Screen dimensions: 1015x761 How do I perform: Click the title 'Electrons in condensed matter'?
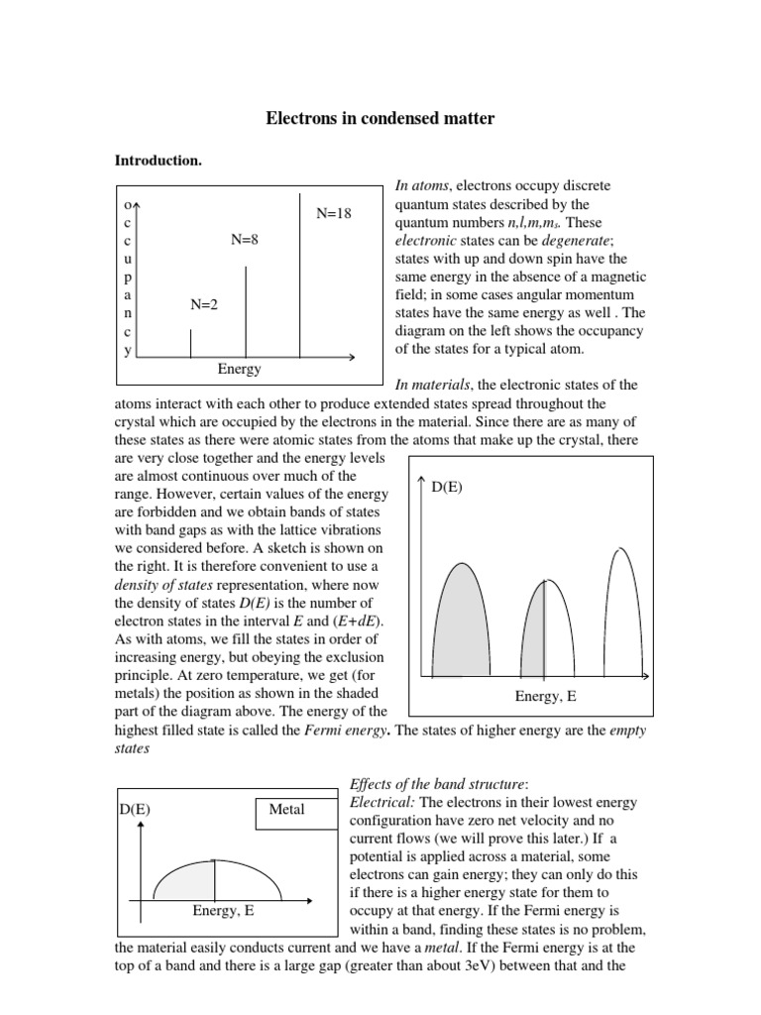(x=380, y=119)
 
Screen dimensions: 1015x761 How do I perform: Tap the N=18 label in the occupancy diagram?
(x=334, y=213)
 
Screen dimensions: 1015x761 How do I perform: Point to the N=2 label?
(x=203, y=305)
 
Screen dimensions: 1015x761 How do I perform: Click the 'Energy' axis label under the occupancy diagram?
(x=239, y=369)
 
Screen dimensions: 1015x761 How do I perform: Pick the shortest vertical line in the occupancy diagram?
(x=190, y=342)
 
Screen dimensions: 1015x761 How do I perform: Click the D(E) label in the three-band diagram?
(x=448, y=487)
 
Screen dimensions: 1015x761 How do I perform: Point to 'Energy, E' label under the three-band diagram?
(x=545, y=697)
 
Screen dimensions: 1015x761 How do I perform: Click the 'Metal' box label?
(x=286, y=810)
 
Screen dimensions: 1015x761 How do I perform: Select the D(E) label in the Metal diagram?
(x=135, y=810)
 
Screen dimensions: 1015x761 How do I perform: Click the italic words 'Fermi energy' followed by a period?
(x=346, y=731)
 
